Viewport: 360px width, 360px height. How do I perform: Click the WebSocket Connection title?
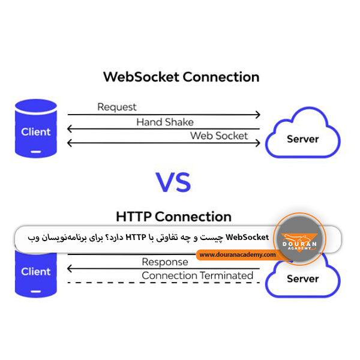click(181, 77)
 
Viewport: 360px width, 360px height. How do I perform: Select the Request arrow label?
click(117, 107)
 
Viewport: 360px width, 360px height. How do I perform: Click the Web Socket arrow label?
click(218, 136)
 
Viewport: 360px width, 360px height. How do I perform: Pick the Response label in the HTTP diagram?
click(165, 262)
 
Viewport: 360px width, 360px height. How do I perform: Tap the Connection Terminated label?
click(197, 275)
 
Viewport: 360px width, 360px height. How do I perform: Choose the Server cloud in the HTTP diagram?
click(302, 278)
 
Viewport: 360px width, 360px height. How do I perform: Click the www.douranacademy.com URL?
click(238, 255)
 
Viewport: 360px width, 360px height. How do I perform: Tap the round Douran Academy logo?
click(299, 239)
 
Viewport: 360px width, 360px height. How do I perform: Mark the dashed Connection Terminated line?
click(162, 283)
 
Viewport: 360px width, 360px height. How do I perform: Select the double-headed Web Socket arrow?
click(163, 143)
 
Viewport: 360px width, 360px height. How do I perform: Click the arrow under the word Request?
click(163, 115)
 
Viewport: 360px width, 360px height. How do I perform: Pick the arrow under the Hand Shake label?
click(163, 129)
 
